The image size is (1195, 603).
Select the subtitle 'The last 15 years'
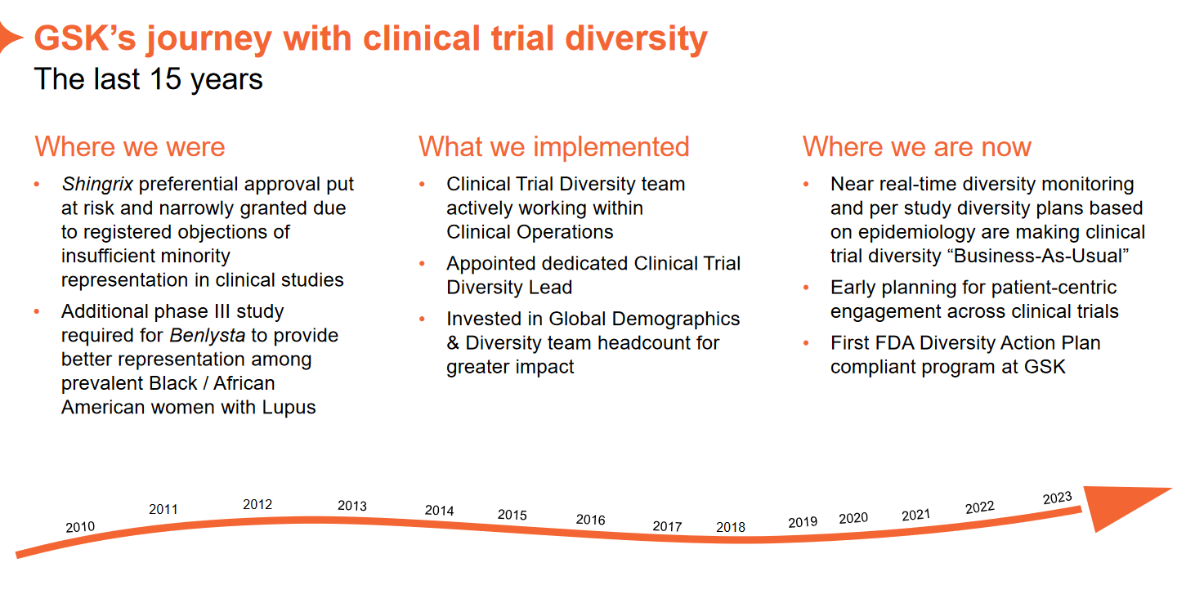click(148, 79)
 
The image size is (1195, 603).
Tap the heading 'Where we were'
click(130, 147)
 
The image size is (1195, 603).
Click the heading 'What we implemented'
click(553, 147)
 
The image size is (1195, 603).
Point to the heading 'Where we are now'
click(916, 147)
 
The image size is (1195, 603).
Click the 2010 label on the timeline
click(80, 527)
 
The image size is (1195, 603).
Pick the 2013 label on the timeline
click(352, 506)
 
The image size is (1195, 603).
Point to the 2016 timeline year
click(590, 520)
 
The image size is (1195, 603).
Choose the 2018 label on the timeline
click(731, 527)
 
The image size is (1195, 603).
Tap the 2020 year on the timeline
click(853, 518)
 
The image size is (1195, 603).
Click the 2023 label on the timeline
click(1057, 498)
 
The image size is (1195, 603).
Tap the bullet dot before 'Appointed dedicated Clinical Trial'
click(423, 264)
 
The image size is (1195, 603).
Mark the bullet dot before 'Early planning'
click(807, 288)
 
